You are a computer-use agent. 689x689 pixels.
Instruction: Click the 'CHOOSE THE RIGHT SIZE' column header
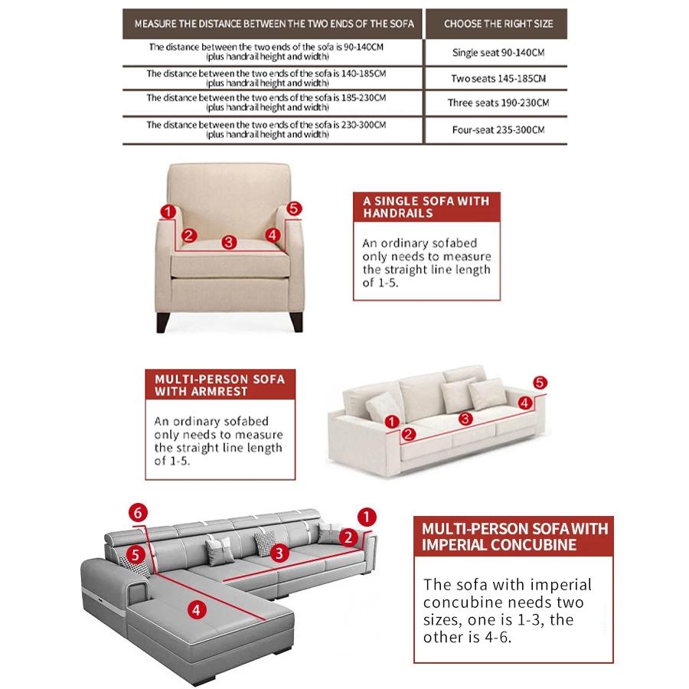pos(498,24)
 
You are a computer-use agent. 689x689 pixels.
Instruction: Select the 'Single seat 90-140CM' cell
pos(498,53)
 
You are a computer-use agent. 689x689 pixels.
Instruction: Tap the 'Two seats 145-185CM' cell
pos(498,78)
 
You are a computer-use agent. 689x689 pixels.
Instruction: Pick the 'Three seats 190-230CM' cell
pos(498,103)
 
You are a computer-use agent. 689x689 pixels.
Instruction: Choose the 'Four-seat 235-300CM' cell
pos(498,130)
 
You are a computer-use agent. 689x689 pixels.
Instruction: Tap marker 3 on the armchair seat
pos(228,242)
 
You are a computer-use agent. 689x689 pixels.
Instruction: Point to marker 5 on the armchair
pos(295,208)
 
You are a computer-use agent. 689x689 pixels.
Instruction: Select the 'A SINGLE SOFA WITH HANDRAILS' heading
pos(426,207)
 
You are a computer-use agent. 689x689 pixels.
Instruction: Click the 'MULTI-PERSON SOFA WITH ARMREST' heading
pos(220,385)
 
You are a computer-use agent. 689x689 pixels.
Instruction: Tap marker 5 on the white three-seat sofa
pos(539,382)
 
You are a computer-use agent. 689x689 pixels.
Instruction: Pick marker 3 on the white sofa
pos(465,419)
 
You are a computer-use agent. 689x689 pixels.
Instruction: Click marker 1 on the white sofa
pos(391,421)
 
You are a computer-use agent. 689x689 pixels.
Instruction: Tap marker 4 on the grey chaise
pos(197,609)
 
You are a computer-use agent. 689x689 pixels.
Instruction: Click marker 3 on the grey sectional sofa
pos(279,553)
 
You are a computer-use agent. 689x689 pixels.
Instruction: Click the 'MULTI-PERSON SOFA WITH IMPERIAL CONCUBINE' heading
pos(514,537)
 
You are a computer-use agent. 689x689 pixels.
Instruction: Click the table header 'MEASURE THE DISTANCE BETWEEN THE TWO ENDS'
pos(273,24)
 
